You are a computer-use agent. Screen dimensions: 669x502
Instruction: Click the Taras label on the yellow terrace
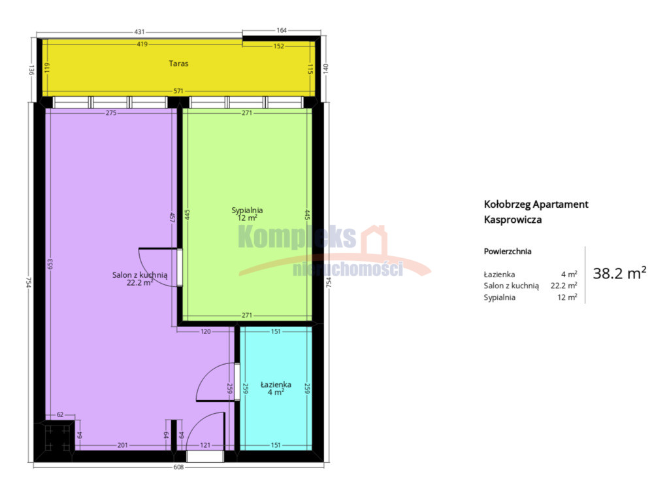[x=178, y=63]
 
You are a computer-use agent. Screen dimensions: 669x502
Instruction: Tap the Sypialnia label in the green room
[x=247, y=210]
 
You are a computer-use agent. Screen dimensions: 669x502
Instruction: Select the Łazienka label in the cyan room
[x=276, y=384]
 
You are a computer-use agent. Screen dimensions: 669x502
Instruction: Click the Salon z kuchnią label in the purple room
[x=140, y=275]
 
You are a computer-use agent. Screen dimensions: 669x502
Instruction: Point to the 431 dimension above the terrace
[x=140, y=31]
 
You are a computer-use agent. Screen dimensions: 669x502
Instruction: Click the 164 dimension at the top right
[x=282, y=30]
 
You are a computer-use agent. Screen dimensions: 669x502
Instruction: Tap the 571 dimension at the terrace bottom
[x=178, y=91]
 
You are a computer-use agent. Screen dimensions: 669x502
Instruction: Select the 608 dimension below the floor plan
[x=178, y=467]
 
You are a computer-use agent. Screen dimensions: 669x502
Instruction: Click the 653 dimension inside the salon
[x=50, y=264]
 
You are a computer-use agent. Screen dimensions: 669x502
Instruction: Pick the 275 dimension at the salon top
[x=111, y=113]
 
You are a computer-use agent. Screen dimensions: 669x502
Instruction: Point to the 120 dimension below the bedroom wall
[x=206, y=331]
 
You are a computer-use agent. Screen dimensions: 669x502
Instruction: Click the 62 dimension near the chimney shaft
[x=60, y=414]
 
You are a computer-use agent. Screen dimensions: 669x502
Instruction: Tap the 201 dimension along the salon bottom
[x=122, y=445]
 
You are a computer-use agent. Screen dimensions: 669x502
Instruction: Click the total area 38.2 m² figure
[x=619, y=273]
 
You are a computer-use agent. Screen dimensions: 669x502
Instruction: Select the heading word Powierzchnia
[x=508, y=252]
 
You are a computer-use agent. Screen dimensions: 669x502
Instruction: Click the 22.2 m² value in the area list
[x=564, y=286]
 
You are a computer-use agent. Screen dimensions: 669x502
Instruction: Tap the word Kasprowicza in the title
[x=513, y=220]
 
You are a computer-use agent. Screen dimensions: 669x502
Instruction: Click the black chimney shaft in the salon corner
[x=56, y=437]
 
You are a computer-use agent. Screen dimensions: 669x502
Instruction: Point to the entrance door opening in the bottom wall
[x=205, y=456]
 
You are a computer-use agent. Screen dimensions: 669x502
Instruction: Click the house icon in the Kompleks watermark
[x=374, y=241]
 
